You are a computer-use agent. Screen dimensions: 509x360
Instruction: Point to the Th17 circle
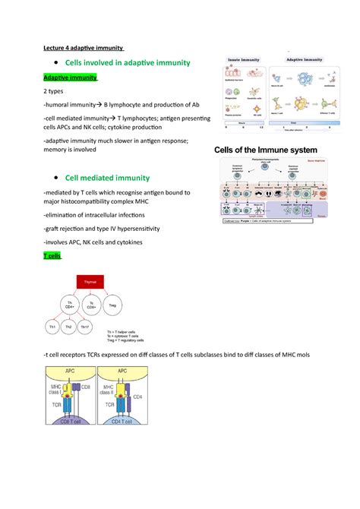coord(96,327)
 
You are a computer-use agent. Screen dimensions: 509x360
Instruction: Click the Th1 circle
coord(53,327)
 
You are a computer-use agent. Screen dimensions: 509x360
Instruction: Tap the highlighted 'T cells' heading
coord(55,256)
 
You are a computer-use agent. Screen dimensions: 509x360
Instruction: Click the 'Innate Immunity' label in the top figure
coord(241,60)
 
